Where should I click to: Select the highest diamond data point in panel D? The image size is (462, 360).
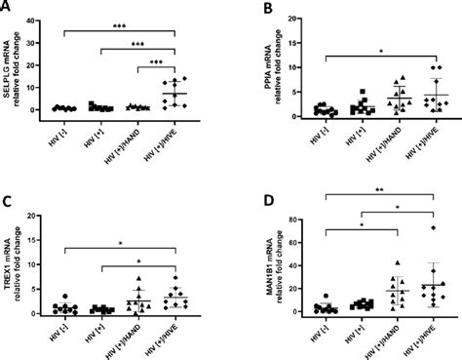pyautogui.click(x=430, y=227)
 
